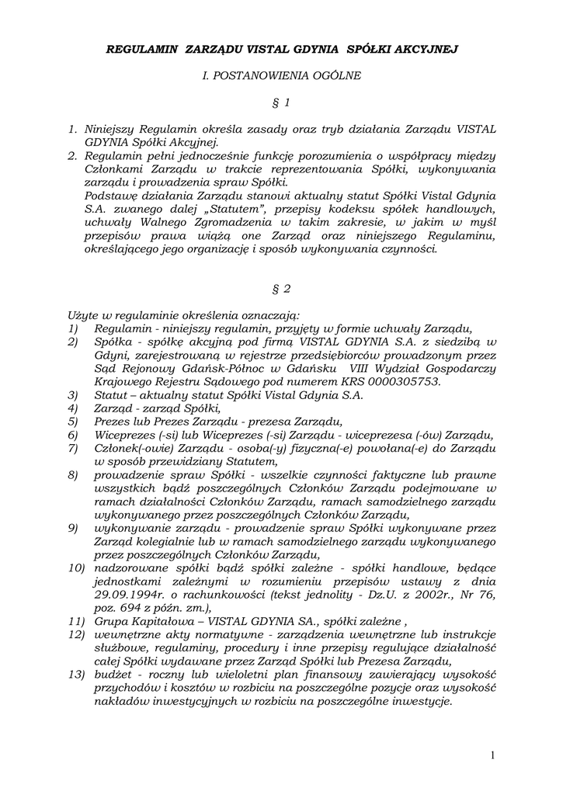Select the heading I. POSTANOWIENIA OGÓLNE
[x=281, y=76]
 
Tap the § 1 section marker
[x=281, y=102]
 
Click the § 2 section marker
[x=281, y=289]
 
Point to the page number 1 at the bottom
[x=492, y=755]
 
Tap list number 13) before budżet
[x=75, y=674]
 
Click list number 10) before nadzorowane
[x=75, y=567]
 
